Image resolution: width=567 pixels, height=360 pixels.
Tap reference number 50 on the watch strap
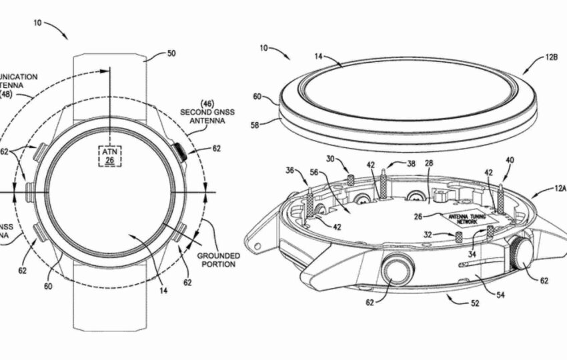(x=171, y=53)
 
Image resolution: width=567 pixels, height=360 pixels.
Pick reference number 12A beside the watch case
(x=559, y=189)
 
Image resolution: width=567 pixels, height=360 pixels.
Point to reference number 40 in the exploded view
(x=510, y=160)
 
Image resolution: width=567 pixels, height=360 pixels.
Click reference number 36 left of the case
(x=290, y=171)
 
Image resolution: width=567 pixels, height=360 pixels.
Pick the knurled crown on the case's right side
(x=522, y=253)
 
